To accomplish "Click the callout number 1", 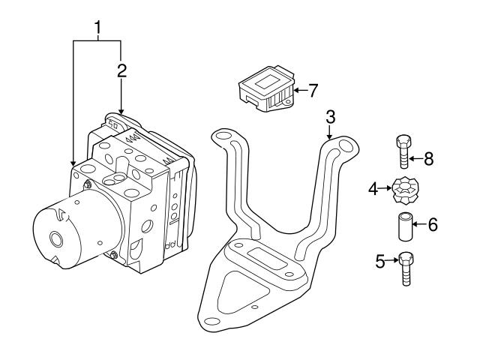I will [x=97, y=28].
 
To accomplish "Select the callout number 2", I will [x=121, y=71].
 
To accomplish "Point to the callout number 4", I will [x=373, y=189].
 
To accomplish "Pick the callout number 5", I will [x=380, y=261].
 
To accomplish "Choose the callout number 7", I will [x=313, y=91].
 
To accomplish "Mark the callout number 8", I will [x=428, y=158].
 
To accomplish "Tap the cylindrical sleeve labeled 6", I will [x=406, y=225].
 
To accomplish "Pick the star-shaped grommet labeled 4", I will [x=402, y=190].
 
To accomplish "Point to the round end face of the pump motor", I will [x=55, y=239].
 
